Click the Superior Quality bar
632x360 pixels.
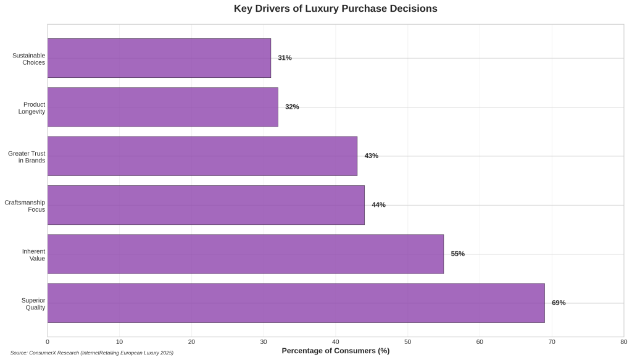click(x=296, y=303)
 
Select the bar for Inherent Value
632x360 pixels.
click(x=245, y=254)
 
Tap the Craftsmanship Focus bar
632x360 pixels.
click(x=206, y=205)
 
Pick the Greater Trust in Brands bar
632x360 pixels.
click(x=202, y=156)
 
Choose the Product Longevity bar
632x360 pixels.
click(x=162, y=107)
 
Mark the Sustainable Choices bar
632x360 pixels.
click(x=159, y=58)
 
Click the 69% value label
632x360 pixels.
click(x=559, y=303)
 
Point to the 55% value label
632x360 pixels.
click(x=457, y=254)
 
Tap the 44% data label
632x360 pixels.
click(x=378, y=205)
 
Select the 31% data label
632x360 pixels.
click(x=285, y=58)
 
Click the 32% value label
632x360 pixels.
click(x=292, y=107)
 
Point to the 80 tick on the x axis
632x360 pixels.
click(x=623, y=341)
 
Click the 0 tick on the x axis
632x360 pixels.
click(x=48, y=341)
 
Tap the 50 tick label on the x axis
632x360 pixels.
click(x=407, y=341)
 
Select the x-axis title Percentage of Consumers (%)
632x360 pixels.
click(x=335, y=351)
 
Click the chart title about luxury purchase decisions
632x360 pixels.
click(x=335, y=9)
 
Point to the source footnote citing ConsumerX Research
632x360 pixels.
click(x=91, y=353)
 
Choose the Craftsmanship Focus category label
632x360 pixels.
click(x=25, y=206)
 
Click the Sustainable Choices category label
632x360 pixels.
click(x=29, y=59)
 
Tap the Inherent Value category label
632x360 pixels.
click(x=33, y=254)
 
